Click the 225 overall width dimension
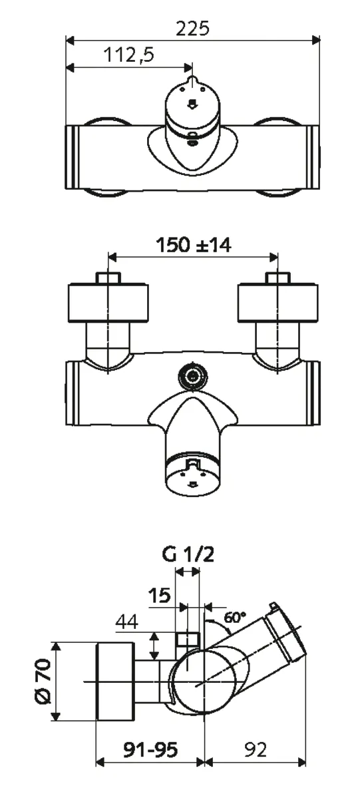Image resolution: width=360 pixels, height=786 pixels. pos(192,29)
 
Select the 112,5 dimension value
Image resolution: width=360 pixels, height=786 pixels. pos(128,55)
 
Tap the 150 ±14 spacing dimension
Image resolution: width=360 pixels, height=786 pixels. pos(193,245)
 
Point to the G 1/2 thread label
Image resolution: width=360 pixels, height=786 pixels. pos(188,556)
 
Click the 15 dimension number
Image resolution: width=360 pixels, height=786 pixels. pos(160,596)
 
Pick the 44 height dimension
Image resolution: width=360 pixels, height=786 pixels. pos(128,622)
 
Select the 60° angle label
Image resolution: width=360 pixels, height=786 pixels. pos(235,617)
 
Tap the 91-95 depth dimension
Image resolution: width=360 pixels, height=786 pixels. pos(150,750)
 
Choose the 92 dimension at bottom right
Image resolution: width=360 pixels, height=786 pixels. pos(256,750)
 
